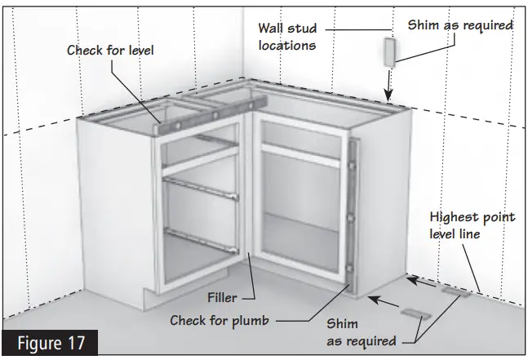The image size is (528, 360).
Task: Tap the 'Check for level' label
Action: [111, 51]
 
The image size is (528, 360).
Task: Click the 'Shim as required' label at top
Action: [460, 25]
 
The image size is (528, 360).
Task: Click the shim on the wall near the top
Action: [388, 52]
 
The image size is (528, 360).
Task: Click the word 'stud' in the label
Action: [300, 30]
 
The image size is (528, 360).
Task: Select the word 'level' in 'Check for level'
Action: [135, 51]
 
